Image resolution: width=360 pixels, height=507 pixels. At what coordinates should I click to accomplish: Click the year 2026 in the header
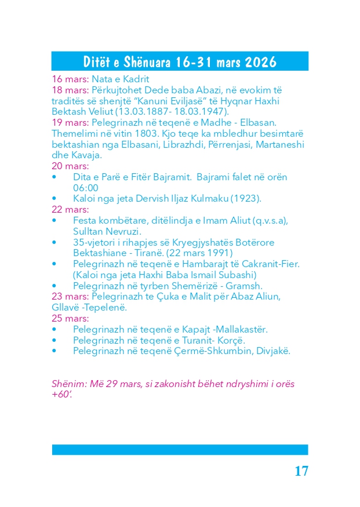pos(260,62)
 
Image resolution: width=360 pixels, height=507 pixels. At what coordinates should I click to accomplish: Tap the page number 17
pos(301,471)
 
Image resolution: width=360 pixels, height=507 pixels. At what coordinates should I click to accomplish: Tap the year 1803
pos(140,134)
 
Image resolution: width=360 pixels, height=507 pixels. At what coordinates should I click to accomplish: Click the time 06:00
pos(85,188)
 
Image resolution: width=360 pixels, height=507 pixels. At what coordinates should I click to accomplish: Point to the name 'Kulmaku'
pos(209,199)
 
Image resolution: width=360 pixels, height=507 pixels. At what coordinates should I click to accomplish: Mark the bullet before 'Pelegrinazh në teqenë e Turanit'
pos(54,340)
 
